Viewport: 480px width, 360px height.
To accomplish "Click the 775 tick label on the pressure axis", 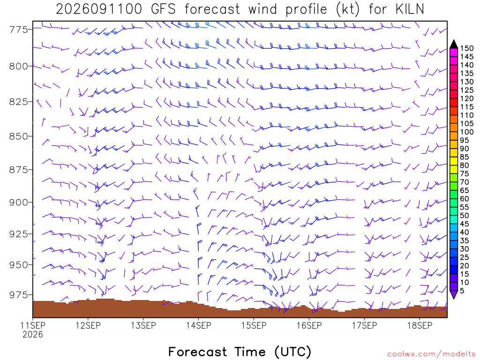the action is pos(18,30).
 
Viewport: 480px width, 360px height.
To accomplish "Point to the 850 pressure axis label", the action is pos(18,136).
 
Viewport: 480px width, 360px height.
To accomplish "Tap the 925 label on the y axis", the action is pos(18,234).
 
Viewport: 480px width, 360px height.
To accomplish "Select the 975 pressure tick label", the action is pos(18,295).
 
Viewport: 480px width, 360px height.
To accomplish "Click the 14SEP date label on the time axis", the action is pos(199,325).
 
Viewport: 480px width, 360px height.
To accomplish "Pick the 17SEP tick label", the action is pos(364,325).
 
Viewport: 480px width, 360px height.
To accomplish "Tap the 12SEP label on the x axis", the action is pos(88,325).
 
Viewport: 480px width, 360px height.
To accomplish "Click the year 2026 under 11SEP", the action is pos(33,335).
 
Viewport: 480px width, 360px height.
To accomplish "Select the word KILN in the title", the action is pos(410,9).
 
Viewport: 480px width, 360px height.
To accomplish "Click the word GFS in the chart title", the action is pos(164,9).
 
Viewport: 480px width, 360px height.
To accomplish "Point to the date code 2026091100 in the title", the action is pos(99,9).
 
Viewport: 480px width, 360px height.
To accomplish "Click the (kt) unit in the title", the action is pos(347,9).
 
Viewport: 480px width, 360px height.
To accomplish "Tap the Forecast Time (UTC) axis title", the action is pos(240,352).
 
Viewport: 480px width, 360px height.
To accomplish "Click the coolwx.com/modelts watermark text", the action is pos(431,354).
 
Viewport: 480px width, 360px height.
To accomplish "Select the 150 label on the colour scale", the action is pos(466,48).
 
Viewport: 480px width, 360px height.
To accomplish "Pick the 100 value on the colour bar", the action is pos(466,132).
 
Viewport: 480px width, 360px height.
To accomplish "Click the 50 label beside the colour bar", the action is pos(465,216).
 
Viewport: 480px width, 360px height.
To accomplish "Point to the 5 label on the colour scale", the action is pos(462,291).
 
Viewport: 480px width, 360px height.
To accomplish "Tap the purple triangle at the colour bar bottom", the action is pos(454,294).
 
